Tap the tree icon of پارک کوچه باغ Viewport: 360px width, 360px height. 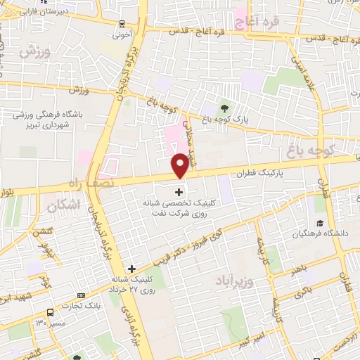224,107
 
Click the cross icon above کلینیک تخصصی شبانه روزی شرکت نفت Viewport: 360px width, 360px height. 179,191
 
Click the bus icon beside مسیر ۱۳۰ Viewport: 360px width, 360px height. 50,312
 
